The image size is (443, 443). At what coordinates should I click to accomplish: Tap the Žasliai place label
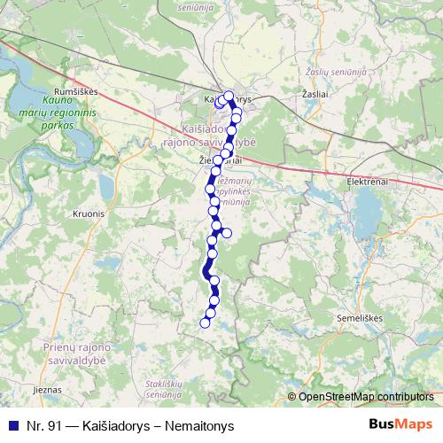(316, 92)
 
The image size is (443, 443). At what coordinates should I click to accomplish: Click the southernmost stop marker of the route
(205, 323)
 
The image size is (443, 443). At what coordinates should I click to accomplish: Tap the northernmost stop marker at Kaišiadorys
(229, 96)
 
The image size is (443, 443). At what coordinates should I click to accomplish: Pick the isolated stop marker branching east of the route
(227, 233)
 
